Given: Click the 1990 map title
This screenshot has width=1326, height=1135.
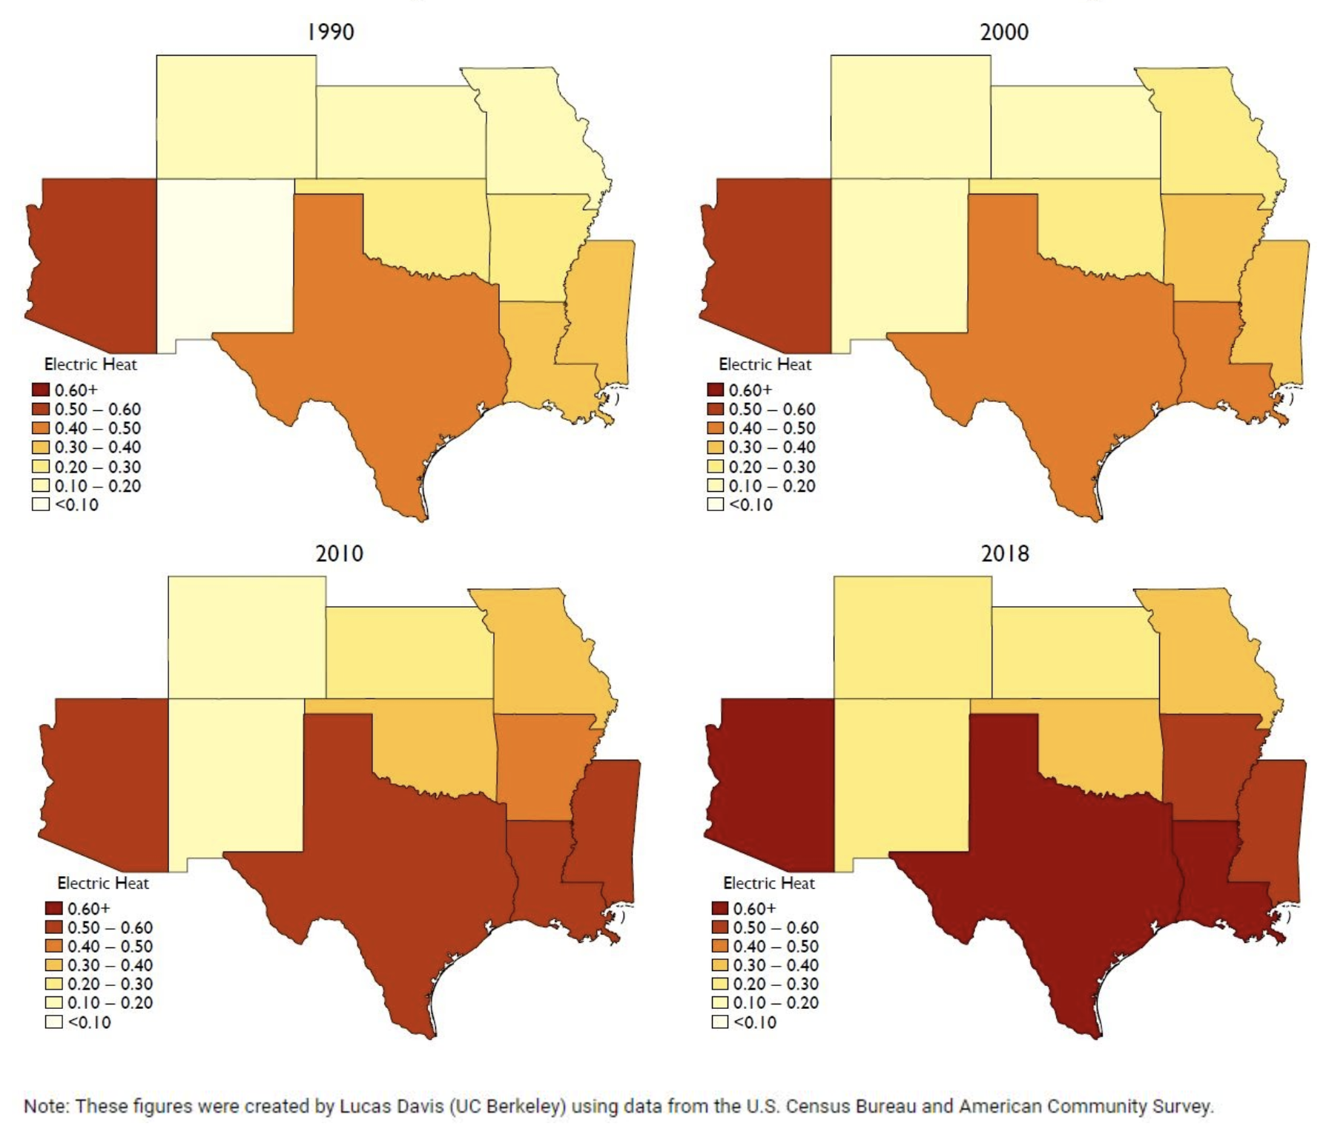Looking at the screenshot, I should (x=331, y=32).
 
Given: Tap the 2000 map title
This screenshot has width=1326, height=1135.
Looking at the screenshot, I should (x=1004, y=32).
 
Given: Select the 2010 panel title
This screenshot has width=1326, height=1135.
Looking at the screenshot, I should (x=340, y=553).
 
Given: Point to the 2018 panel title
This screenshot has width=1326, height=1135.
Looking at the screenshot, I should (x=1005, y=553).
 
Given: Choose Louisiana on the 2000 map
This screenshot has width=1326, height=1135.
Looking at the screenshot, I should (x=1216, y=356).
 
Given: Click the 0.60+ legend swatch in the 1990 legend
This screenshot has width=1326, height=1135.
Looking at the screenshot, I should (x=41, y=389).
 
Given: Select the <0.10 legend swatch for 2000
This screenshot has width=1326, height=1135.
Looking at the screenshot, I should (x=715, y=504).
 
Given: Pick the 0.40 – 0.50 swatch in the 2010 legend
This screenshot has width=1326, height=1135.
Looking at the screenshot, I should (x=53, y=947).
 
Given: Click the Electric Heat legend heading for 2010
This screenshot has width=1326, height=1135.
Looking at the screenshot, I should (x=103, y=884).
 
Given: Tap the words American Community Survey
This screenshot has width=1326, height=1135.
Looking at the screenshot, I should (x=1086, y=1107).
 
